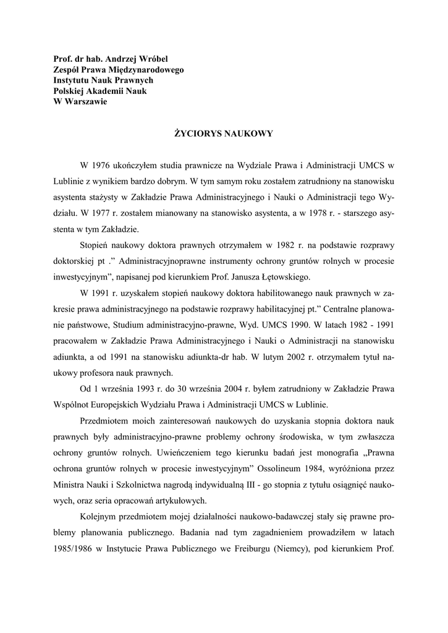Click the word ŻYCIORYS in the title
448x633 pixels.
195,134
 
